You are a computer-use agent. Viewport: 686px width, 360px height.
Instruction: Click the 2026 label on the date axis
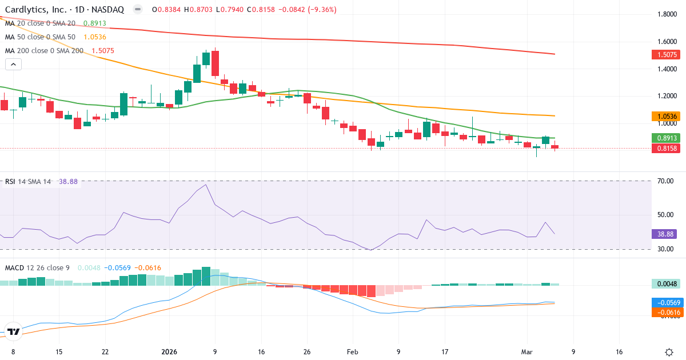[x=170, y=352]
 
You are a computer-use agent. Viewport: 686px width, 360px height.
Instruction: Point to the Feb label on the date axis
[x=352, y=352]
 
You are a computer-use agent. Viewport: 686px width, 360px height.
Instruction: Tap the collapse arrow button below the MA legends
[x=13, y=64]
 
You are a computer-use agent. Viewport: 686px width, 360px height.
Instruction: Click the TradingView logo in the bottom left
[x=14, y=331]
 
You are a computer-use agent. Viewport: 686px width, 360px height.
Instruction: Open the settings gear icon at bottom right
[x=669, y=352]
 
